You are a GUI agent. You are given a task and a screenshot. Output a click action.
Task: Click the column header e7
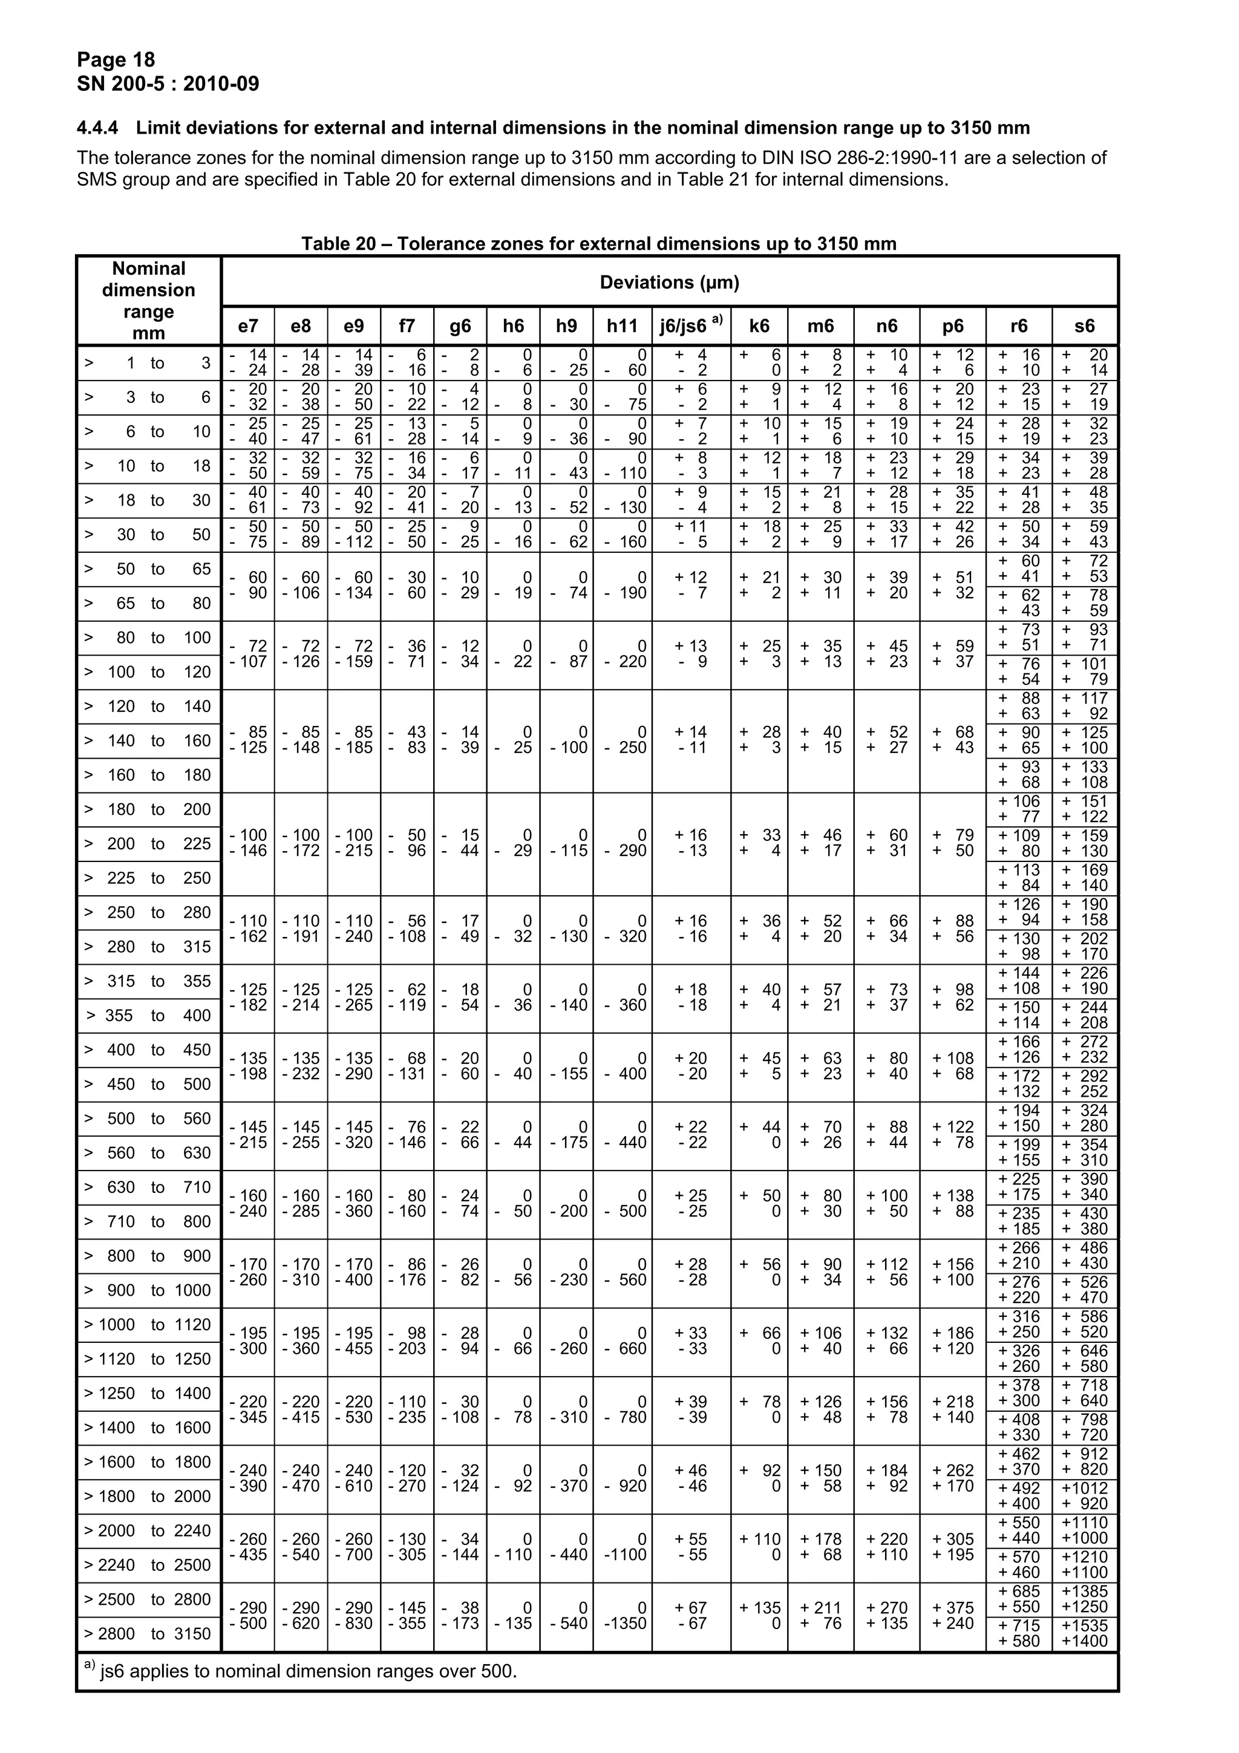coord(247,326)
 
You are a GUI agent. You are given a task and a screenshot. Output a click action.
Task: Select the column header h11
coord(621,326)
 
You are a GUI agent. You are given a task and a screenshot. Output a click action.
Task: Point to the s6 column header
coord(1084,326)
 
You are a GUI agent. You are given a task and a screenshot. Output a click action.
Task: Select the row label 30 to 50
coord(148,535)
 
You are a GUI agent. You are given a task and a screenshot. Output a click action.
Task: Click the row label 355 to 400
coord(148,1016)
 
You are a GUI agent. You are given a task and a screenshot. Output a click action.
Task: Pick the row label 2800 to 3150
coord(148,1634)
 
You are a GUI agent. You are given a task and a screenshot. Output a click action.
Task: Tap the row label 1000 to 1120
coord(148,1325)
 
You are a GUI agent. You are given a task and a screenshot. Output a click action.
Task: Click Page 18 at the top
coord(116,59)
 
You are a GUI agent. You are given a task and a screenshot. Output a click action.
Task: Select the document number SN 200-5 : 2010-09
coord(168,83)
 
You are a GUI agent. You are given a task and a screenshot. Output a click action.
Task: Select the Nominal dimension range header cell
coord(148,300)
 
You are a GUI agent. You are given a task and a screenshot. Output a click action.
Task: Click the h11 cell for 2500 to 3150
coord(624,1616)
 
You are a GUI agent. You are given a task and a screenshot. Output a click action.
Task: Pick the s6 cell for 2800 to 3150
coord(1084,1634)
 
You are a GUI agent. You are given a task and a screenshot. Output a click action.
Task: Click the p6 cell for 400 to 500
coord(952,1066)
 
